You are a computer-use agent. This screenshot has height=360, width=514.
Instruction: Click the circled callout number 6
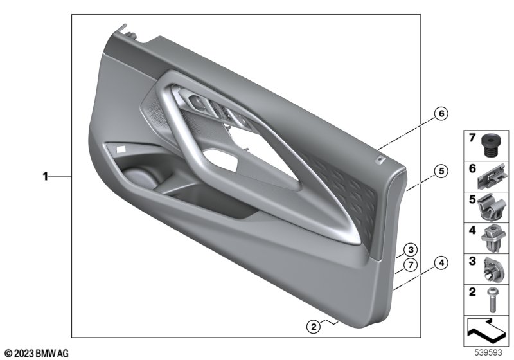pos(441,113)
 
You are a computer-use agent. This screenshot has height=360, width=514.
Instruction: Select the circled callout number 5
pos(441,171)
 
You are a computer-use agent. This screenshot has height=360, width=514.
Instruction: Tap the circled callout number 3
pos(411,250)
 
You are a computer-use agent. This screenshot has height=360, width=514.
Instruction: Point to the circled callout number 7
pos(411,265)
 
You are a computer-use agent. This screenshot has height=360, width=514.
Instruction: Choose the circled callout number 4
pos(441,263)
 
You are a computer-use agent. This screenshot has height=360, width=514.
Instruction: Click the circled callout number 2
pos(314,327)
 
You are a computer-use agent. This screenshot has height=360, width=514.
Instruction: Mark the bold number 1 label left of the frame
pos(45,176)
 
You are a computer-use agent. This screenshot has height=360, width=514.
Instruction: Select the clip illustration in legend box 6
pos(491,177)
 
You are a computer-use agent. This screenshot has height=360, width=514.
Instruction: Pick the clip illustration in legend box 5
pos(490,207)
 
